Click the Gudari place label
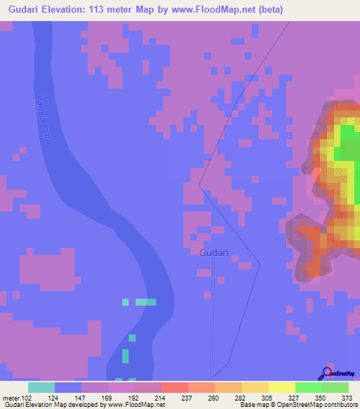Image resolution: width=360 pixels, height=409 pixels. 213,252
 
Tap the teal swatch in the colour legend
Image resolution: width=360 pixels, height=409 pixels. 41,387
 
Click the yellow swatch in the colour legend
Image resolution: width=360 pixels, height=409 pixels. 282,387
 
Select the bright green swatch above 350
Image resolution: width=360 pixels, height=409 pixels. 309,387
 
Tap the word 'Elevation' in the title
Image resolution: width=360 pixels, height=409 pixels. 69,10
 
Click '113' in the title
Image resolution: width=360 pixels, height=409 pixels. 109,10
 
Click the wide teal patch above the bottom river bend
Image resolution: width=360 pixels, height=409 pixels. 146,302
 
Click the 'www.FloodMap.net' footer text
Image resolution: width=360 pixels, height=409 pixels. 136,405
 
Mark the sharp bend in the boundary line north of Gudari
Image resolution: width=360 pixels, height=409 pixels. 199,188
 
